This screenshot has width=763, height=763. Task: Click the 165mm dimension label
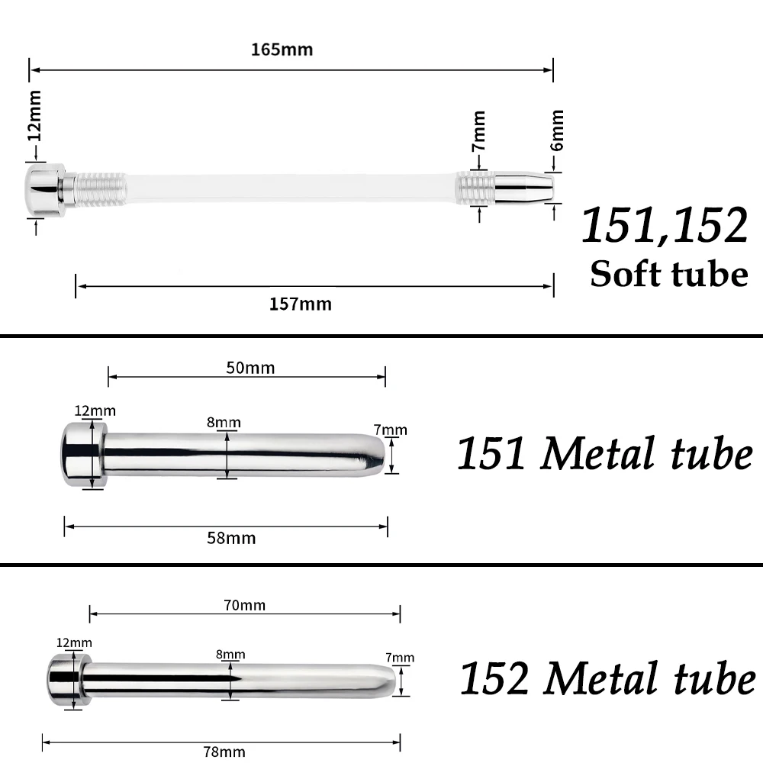click(x=282, y=50)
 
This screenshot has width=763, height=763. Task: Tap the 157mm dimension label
click(x=300, y=304)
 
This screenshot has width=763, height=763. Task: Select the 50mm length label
click(x=250, y=368)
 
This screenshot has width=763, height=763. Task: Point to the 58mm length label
click(x=231, y=538)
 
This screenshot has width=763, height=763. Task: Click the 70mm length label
click(x=244, y=605)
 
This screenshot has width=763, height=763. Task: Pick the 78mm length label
click(x=224, y=752)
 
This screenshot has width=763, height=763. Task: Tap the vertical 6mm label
click(x=557, y=130)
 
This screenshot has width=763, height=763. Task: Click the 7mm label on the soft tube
click(x=479, y=131)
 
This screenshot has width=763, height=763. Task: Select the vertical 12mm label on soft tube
click(x=34, y=116)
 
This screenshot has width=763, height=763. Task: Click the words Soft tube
click(x=669, y=274)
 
